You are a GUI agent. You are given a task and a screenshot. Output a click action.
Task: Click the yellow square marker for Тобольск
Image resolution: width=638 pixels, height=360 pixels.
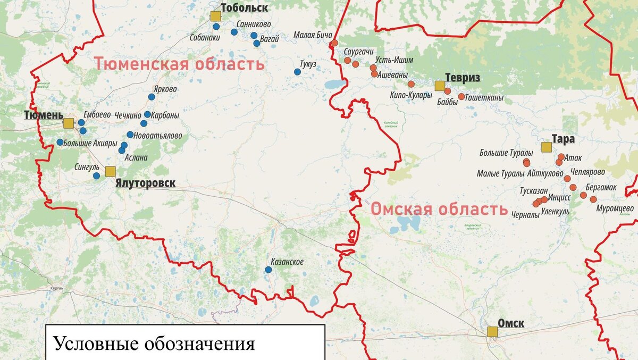tap(215, 16)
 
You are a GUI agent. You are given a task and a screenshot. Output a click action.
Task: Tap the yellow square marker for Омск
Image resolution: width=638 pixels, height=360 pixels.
tap(492, 332)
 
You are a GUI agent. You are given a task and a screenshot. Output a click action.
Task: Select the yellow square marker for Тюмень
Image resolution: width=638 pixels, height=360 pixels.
tap(68, 123)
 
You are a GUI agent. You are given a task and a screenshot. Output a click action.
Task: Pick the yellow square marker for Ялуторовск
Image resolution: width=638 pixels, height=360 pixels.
tap(110, 171)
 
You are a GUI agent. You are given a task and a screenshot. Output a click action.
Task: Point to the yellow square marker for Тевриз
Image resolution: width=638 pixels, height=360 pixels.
tap(440, 86)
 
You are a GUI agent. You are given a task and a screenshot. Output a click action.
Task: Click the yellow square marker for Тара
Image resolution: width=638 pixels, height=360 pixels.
tap(546, 147)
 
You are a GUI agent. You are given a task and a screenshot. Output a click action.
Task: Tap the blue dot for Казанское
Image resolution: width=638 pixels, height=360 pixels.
tap(268, 270)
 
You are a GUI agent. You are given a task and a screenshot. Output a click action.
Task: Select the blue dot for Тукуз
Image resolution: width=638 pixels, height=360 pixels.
tap(298, 72)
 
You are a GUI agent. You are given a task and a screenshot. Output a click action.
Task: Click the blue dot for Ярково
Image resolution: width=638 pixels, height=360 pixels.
tap(152, 97)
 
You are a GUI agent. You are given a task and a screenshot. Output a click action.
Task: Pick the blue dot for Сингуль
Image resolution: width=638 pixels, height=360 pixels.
tap(96, 175)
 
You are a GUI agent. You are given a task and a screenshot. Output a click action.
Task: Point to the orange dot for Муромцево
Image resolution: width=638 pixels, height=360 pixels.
tap(593, 199)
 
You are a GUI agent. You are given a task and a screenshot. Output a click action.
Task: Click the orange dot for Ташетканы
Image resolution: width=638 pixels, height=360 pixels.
tap(461, 97)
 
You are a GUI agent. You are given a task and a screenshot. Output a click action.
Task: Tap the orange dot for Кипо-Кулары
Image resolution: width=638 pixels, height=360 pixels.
tap(411, 84)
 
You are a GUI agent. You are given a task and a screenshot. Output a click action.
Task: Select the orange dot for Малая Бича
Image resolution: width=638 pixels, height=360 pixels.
tap(334, 43)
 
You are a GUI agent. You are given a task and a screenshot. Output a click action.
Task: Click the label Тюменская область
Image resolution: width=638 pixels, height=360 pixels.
tap(179, 64)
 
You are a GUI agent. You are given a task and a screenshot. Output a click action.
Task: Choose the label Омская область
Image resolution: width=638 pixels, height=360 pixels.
tap(439, 209)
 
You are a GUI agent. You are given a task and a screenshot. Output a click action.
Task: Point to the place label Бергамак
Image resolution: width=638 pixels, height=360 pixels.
tap(601, 188)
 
